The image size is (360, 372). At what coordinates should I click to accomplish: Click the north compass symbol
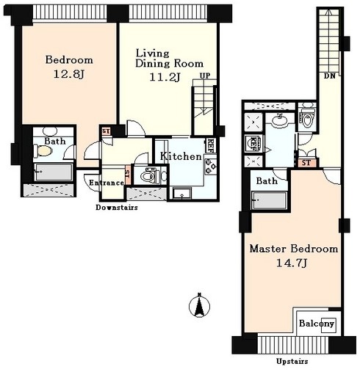200,305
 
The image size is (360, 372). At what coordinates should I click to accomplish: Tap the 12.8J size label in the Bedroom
69,74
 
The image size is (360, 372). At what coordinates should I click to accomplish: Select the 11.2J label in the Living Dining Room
165,77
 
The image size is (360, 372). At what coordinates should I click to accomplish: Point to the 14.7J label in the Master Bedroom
292,263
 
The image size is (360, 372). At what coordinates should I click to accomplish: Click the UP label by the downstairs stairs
205,76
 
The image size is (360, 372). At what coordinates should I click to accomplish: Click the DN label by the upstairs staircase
329,76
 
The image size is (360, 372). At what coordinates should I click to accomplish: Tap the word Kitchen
181,156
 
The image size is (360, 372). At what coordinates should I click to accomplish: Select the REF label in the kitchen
211,146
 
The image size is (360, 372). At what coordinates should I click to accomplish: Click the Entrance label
107,183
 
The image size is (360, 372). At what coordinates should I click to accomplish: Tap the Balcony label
317,324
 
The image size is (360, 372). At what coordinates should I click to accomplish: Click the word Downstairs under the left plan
117,208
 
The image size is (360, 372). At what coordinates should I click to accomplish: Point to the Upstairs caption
292,361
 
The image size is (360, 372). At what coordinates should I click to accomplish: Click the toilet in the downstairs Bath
43,151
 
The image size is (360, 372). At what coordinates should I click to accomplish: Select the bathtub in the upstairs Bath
269,200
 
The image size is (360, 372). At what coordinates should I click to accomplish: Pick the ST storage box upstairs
306,163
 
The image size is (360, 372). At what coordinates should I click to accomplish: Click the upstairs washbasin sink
280,120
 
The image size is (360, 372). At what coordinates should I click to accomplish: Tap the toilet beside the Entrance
149,175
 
